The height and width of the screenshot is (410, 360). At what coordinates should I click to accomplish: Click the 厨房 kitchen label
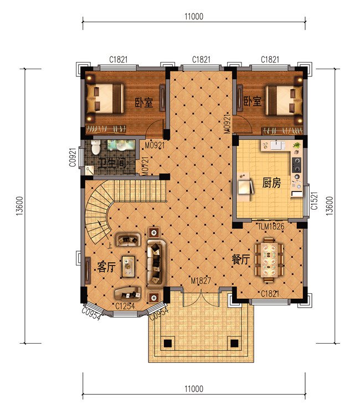[x=271, y=183]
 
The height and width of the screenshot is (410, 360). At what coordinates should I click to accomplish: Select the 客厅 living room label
[x=106, y=267]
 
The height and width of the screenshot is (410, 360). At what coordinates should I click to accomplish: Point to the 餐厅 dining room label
[x=241, y=260]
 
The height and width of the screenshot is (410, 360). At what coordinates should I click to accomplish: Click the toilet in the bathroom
[x=96, y=147]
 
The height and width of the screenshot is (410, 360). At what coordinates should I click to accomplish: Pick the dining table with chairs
[x=269, y=260]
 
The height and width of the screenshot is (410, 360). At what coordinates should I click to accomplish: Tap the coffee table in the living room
[x=128, y=266]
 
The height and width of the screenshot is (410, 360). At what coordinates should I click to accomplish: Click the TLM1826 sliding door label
[x=271, y=226]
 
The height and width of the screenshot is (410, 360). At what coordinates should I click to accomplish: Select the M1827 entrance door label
[x=200, y=281]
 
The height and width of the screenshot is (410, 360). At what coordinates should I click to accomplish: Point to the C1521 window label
[x=314, y=200]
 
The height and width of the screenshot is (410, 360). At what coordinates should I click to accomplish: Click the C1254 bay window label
[x=125, y=306]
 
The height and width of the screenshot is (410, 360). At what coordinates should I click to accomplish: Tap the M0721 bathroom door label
[x=145, y=166]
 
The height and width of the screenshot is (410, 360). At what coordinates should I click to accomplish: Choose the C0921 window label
[x=73, y=157]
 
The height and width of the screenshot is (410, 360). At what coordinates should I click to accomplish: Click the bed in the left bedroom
[x=105, y=98]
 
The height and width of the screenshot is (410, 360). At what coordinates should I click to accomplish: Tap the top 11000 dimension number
[x=194, y=17]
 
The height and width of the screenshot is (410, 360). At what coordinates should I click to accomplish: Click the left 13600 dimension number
[x=20, y=206]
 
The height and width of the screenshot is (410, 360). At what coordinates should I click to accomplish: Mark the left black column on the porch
[x=168, y=343]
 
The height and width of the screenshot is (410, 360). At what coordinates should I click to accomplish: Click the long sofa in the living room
[x=156, y=264]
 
